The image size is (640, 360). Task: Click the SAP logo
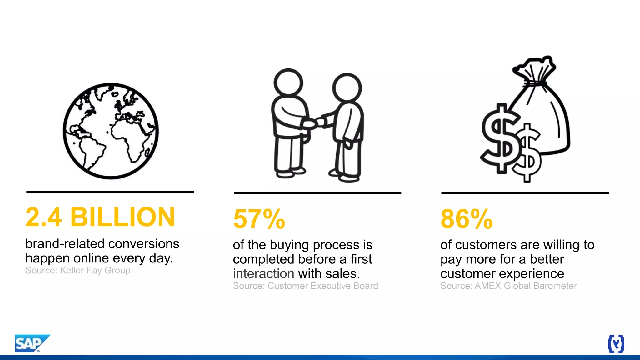coord(31,343)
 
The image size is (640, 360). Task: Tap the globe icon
coord(111,131)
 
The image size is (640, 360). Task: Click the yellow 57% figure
coord(259,219)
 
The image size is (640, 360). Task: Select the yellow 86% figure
coord(466,219)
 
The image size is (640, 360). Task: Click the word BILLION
coord(122,217)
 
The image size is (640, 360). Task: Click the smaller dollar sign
coord(527,153)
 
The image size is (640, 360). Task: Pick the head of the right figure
coord(347,87)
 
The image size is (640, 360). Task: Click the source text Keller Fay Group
coord(95,271)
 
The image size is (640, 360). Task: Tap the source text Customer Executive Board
coord(322,286)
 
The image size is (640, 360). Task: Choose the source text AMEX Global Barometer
coord(526,286)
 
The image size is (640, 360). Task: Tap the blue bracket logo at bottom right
coord(616,344)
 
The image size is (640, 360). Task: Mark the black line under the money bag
coord(525,193)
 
